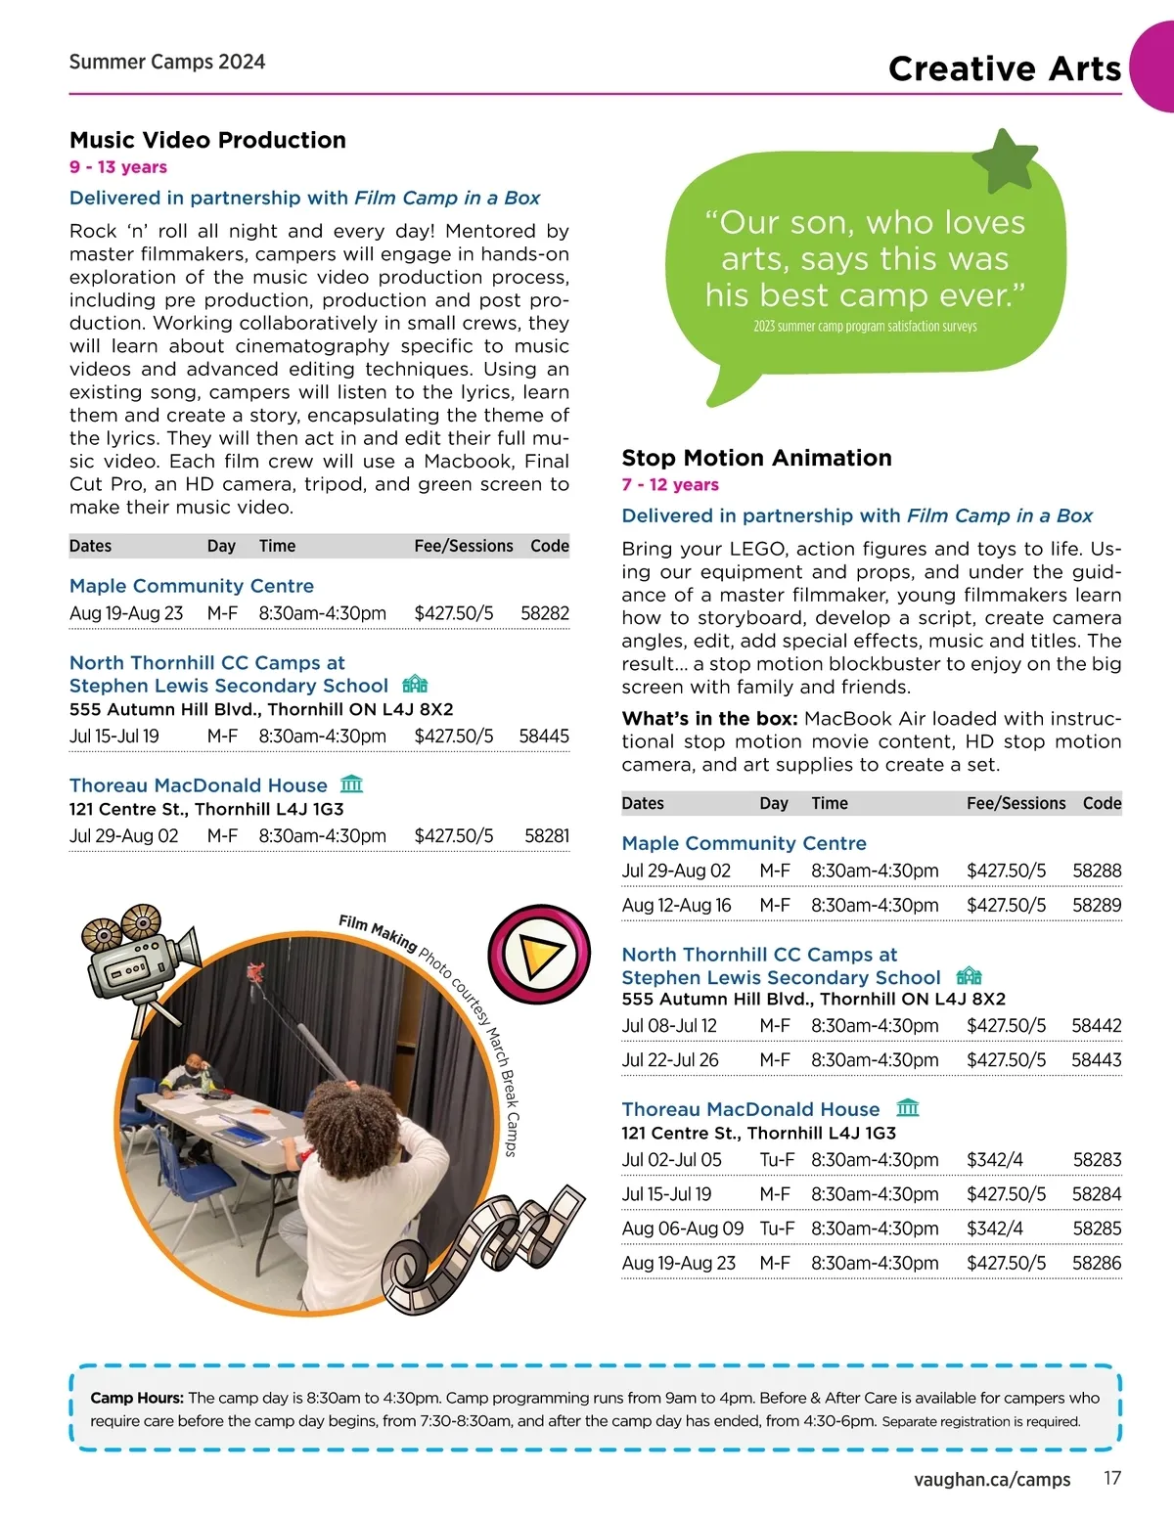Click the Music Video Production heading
[207, 140]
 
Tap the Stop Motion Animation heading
[756, 458]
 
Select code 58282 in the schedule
[544, 613]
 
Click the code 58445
[543, 737]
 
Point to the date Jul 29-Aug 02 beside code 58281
[124, 836]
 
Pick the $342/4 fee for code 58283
[994, 1160]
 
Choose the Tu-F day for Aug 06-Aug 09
[777, 1229]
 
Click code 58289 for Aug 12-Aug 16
[1096, 906]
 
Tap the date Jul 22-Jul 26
[670, 1060]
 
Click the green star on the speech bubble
[1006, 160]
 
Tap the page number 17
[1112, 1478]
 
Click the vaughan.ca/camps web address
[992, 1479]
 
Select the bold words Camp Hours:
[137, 1398]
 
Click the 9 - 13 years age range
[118, 167]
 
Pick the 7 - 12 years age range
[670, 485]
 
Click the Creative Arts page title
[1005, 68]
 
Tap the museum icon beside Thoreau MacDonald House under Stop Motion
[908, 1108]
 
